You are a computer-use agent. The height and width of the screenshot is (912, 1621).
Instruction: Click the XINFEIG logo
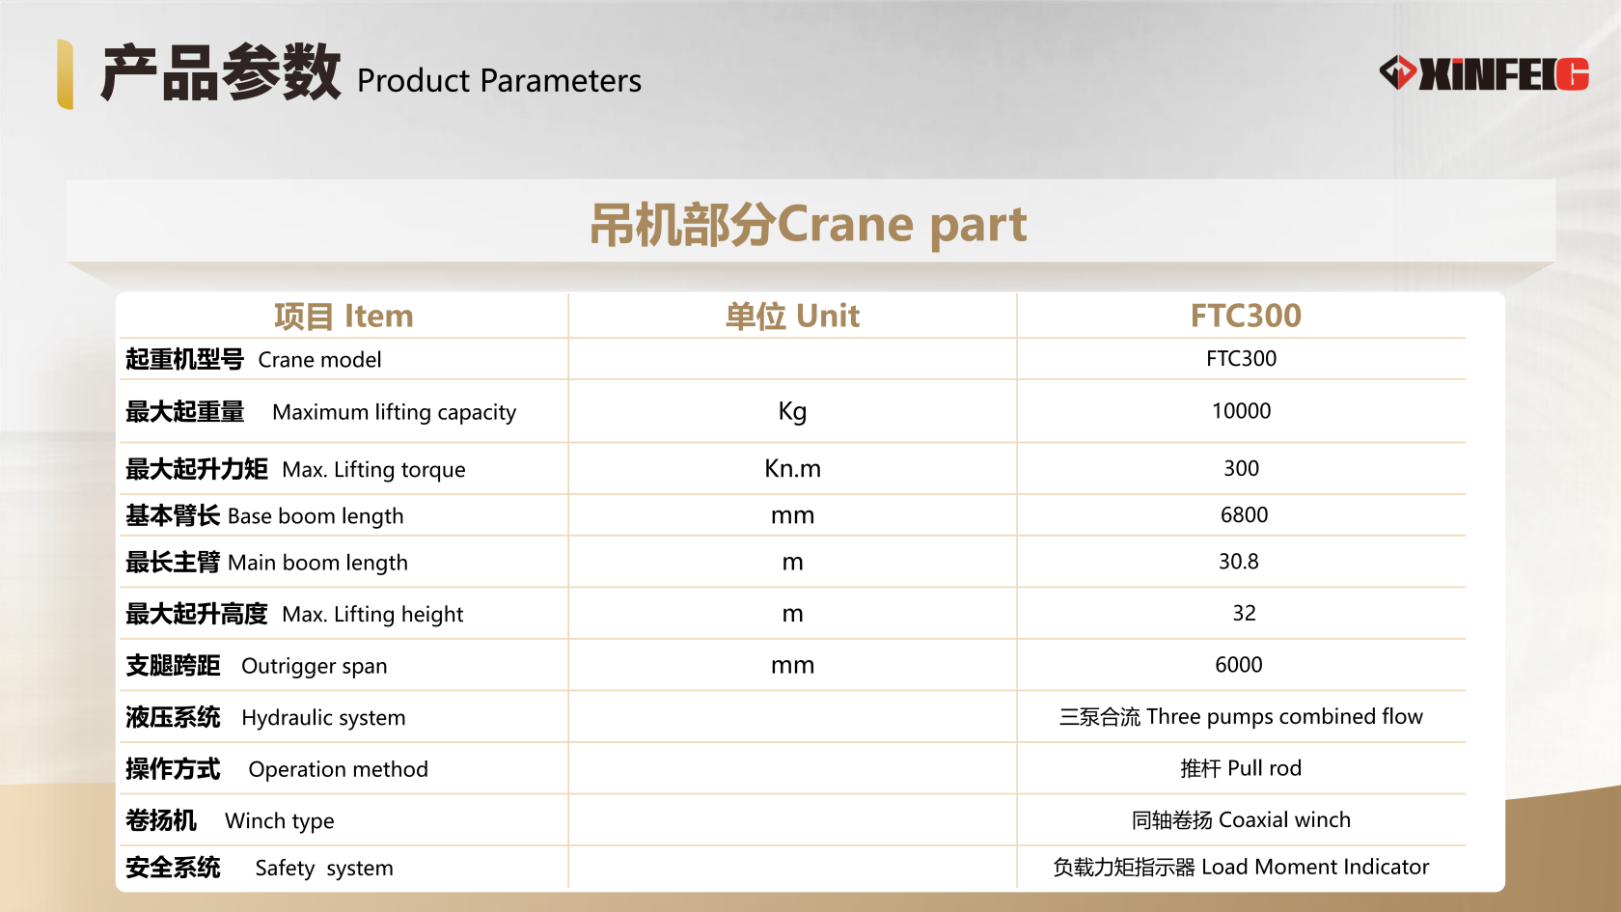[1484, 73]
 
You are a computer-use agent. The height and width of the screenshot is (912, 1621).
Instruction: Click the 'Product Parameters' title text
[498, 80]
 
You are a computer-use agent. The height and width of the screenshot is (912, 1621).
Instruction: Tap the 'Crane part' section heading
[809, 224]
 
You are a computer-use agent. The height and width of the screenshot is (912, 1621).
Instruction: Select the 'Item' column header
[343, 316]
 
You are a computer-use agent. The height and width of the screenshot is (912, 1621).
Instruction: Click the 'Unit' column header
[792, 316]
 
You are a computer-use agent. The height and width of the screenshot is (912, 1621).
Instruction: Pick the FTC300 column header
[1245, 316]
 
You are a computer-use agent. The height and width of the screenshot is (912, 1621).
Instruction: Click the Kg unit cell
[792, 411]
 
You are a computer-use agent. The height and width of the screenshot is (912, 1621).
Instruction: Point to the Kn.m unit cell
[792, 468]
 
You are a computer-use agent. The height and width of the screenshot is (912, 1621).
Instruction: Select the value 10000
[1241, 411]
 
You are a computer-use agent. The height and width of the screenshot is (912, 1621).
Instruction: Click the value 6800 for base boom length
[1244, 514]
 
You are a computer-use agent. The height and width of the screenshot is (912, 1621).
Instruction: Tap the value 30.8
[1238, 561]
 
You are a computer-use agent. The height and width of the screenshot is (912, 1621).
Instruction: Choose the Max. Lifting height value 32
[1244, 613]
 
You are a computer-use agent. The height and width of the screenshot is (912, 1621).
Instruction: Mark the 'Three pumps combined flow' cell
[1241, 716]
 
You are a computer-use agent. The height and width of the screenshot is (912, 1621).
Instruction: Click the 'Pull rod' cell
[1241, 768]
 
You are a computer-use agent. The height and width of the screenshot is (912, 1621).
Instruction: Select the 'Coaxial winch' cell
[1241, 819]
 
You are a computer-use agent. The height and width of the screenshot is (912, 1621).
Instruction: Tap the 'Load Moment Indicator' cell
[1241, 867]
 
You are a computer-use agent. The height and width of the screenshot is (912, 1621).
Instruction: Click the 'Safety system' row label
[259, 868]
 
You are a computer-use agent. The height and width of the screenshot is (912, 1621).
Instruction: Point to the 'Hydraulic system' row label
[265, 717]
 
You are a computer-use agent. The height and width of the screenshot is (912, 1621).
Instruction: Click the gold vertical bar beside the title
[66, 73]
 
